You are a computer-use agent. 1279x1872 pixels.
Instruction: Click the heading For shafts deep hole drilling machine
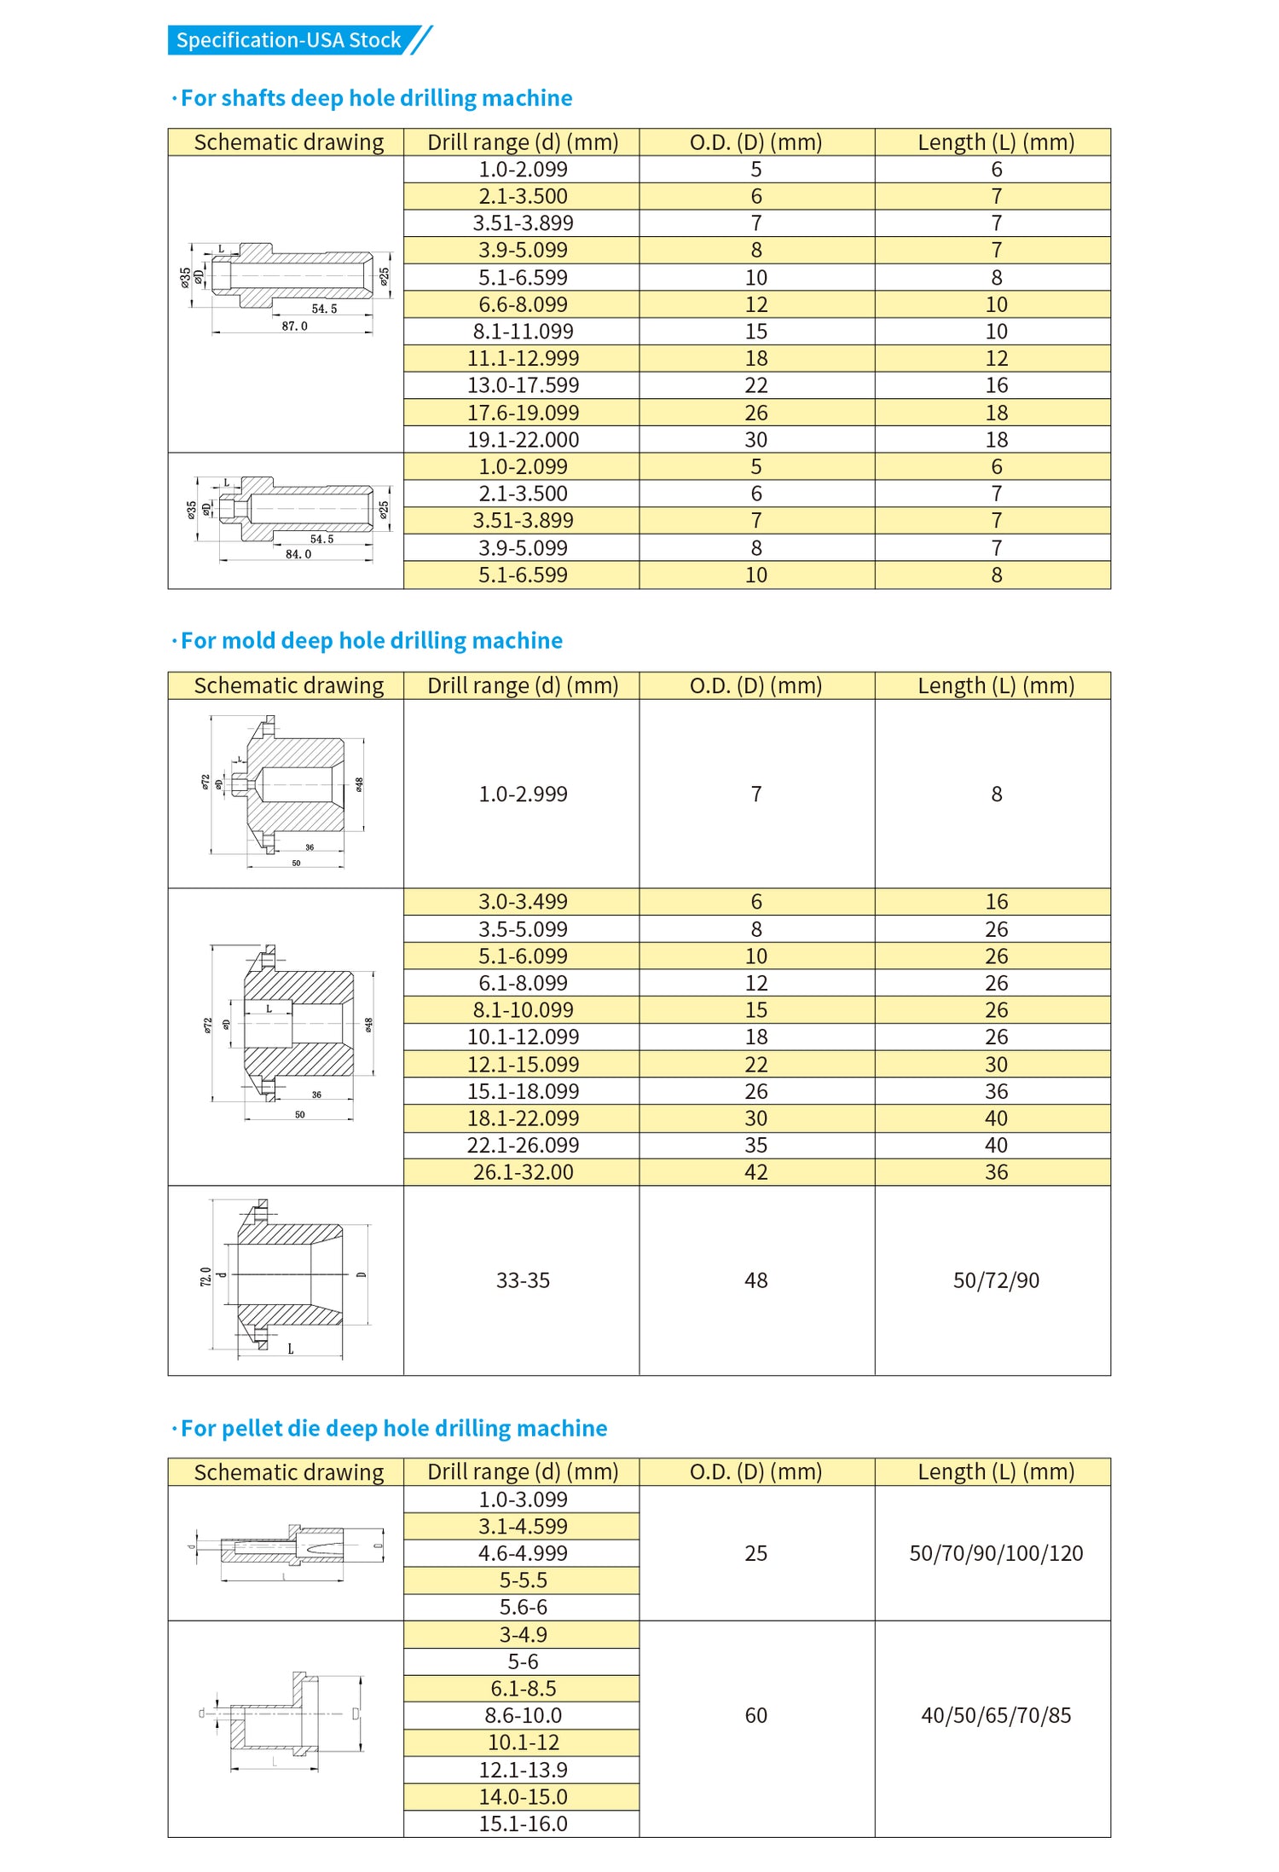click(x=376, y=98)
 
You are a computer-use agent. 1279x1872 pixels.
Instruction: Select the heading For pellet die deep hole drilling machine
click(x=393, y=1428)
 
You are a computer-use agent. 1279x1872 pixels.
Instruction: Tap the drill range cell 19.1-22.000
click(x=523, y=440)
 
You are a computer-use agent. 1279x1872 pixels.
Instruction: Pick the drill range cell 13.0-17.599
click(x=523, y=385)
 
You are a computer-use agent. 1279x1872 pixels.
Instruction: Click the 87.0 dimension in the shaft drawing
click(x=295, y=326)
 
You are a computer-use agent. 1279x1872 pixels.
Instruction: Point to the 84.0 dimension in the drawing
click(x=298, y=554)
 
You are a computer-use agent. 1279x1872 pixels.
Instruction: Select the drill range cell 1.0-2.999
click(x=523, y=794)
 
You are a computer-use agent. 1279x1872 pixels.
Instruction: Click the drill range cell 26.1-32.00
click(x=523, y=1172)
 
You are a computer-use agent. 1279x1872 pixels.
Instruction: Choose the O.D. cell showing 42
click(x=756, y=1172)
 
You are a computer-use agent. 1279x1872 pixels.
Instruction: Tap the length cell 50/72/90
click(x=996, y=1280)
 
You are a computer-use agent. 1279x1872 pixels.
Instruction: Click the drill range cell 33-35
click(x=523, y=1280)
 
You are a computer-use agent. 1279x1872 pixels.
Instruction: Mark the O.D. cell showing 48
click(x=756, y=1280)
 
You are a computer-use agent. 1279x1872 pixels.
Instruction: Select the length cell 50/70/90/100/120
click(x=996, y=1553)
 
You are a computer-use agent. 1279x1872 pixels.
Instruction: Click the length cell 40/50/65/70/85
click(x=996, y=1715)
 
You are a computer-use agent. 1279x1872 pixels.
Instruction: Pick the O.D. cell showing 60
click(x=756, y=1715)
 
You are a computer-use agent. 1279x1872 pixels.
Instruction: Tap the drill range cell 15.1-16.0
click(x=523, y=1823)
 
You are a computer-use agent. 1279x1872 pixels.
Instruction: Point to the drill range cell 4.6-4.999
click(x=523, y=1553)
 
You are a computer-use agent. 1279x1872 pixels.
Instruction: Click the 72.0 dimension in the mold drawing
click(x=205, y=1276)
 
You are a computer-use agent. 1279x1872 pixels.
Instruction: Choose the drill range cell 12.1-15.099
click(x=523, y=1065)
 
